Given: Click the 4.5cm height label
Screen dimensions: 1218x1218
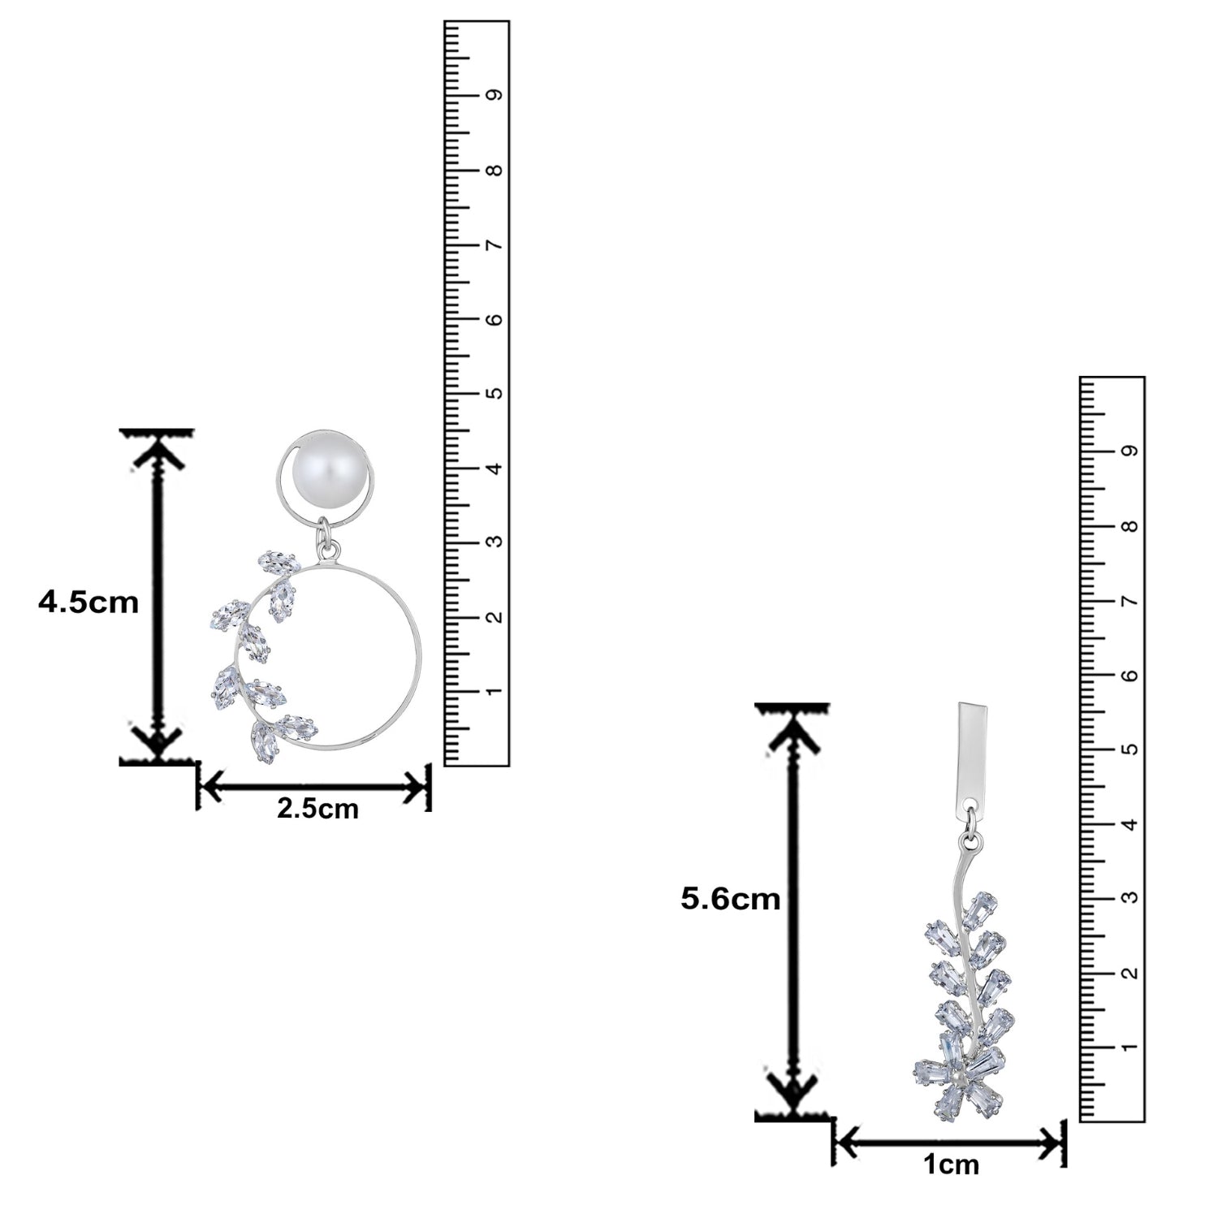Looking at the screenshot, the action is pos(89,603).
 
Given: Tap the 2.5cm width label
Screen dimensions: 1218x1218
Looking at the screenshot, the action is pos(317,809).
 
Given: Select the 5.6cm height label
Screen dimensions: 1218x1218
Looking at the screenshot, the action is pos(731,899).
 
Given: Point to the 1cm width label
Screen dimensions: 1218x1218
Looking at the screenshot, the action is pos(951,1165).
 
